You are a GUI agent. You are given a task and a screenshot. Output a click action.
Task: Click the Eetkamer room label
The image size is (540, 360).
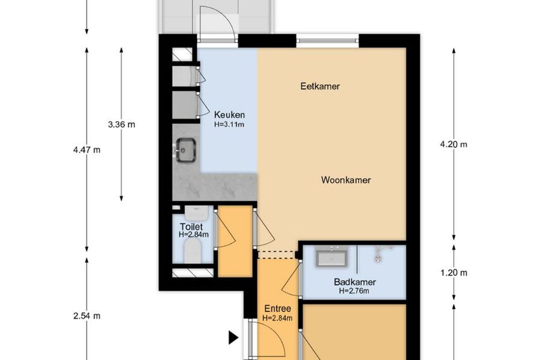click(320, 86)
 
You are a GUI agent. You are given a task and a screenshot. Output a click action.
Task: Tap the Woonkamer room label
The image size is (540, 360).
click(346, 180)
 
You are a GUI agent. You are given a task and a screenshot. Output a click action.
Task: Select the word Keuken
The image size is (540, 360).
click(229, 115)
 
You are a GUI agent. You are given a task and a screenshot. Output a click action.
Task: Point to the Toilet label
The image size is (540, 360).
click(191, 227)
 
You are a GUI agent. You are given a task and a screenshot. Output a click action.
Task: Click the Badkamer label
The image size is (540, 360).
click(355, 282)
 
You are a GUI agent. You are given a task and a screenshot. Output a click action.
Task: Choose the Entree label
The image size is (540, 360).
click(278, 309)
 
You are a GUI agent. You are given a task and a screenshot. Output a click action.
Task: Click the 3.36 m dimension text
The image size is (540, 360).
click(121, 125)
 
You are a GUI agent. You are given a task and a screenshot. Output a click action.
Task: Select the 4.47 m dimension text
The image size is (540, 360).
click(87, 150)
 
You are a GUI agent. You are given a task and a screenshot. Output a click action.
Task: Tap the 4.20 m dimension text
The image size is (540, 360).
click(454, 144)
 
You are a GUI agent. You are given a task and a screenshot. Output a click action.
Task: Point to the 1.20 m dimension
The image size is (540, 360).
click(454, 273)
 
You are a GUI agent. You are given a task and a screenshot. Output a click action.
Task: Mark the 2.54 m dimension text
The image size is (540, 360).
click(87, 316)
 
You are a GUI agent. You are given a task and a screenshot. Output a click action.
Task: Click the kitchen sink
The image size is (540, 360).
click(185, 150)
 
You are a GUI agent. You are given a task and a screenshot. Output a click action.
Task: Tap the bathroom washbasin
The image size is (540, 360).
click(332, 258)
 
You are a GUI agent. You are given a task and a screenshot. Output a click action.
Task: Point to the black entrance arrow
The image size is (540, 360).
click(234, 337)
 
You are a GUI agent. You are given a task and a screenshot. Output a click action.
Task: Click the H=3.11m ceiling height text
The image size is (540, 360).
click(229, 124)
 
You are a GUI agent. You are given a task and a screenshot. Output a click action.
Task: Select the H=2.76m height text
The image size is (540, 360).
click(354, 291)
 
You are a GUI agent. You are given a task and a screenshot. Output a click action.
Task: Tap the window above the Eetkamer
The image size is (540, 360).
click(328, 41)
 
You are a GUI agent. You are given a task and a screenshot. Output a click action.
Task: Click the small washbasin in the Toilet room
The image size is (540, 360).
click(197, 212)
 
